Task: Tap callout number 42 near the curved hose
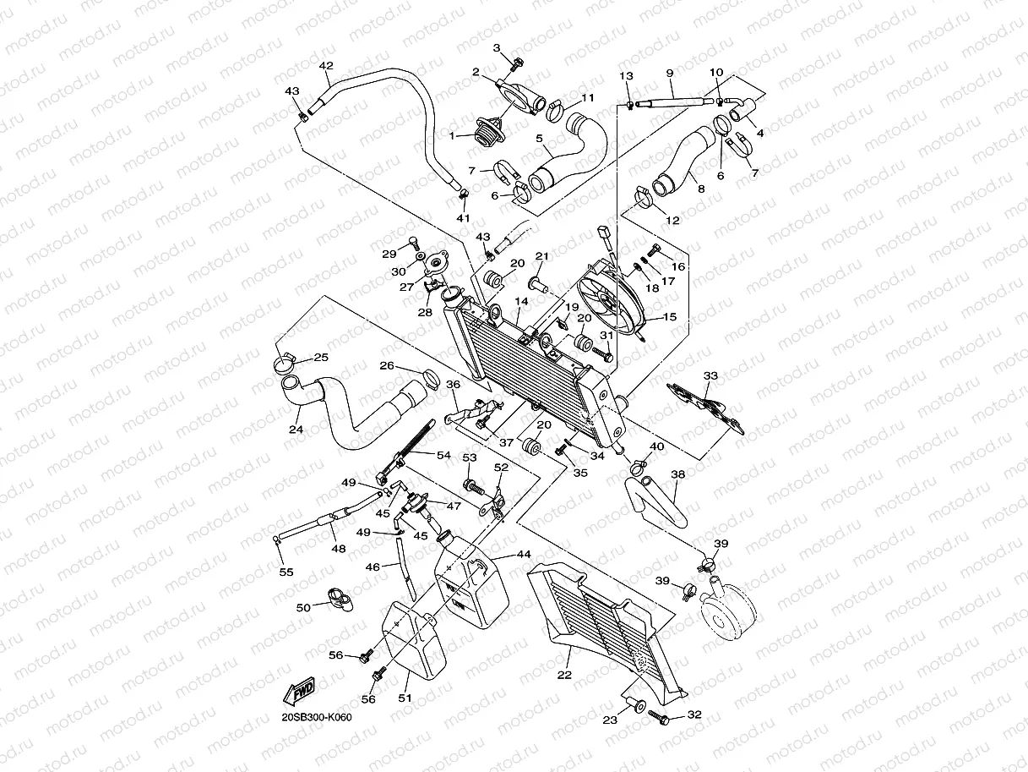326,66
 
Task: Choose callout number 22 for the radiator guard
564,675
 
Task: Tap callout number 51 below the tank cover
405,698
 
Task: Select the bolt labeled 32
661,719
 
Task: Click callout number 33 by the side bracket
710,375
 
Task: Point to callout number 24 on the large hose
296,430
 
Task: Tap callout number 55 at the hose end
286,572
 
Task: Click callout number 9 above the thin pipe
669,73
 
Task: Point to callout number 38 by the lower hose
677,476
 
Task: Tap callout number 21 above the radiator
541,255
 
